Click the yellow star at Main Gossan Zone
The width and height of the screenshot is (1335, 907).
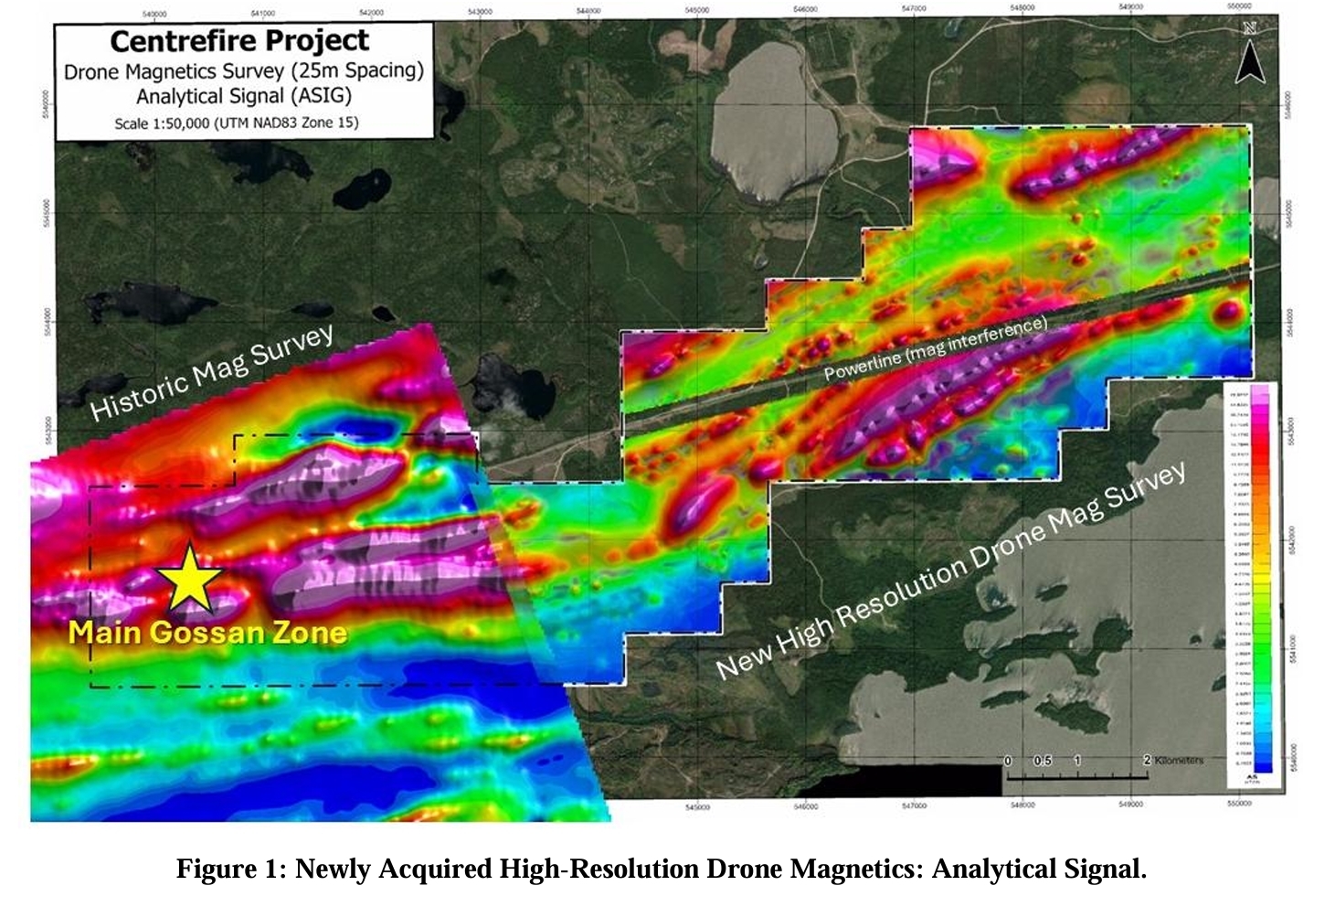(189, 578)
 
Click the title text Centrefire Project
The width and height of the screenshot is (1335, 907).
(239, 41)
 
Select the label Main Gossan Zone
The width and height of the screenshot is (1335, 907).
(207, 633)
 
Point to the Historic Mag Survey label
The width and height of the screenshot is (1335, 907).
(212, 373)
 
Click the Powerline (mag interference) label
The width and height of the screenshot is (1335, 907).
(936, 348)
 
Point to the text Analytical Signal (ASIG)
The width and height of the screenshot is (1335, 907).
(243, 96)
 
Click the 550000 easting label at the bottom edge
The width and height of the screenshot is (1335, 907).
(1239, 805)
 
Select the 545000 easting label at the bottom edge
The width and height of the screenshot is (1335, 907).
(696, 806)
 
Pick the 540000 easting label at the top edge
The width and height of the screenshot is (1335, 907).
(155, 14)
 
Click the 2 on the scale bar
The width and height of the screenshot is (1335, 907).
(1147, 761)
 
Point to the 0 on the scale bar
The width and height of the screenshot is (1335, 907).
(1008, 761)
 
